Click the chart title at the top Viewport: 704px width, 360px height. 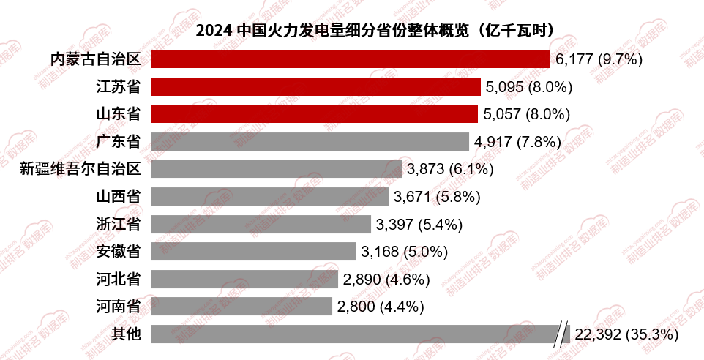click(374, 31)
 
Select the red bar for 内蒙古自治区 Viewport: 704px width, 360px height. click(351, 59)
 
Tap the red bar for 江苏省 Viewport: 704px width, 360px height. click(316, 87)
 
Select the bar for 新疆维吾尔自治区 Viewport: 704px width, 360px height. click(277, 169)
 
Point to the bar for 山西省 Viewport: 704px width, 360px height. click(270, 197)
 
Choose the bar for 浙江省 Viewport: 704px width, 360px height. click(261, 224)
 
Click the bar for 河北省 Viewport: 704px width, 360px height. click(245, 279)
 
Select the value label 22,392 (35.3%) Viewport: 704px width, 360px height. click(626, 334)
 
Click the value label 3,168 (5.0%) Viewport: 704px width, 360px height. click(404, 252)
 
